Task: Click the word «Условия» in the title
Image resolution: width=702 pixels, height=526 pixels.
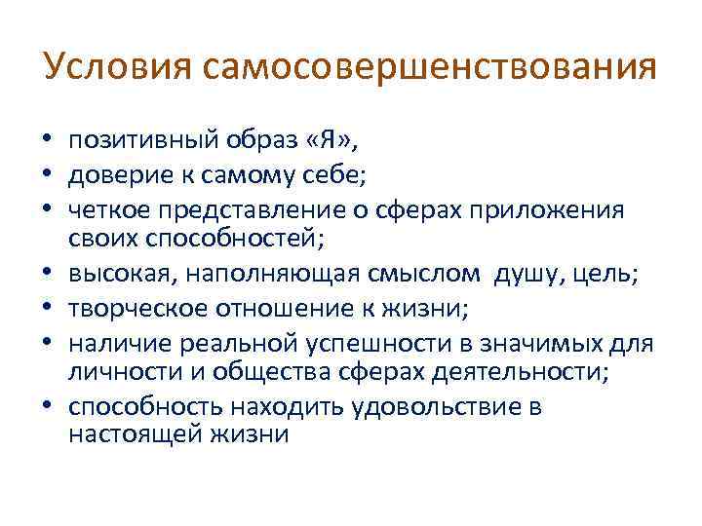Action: pyautogui.click(x=118, y=69)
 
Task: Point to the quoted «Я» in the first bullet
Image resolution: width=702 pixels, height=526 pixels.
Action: pyautogui.click(x=330, y=142)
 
